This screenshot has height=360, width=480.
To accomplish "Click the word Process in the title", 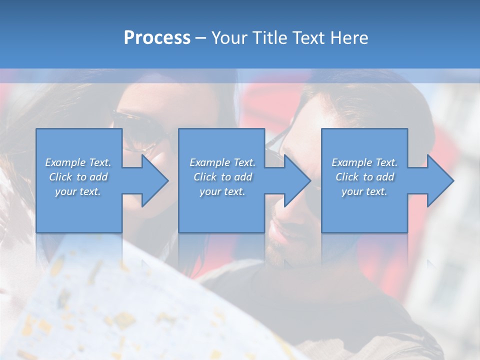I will (157, 37).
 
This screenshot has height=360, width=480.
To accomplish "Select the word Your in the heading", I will (228, 37).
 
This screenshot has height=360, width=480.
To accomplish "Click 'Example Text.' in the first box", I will (78, 162).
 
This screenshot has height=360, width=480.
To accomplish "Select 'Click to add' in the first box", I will (78, 177).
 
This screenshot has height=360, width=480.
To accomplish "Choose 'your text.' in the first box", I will (78, 191).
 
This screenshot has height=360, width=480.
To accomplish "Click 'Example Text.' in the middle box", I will (222, 162).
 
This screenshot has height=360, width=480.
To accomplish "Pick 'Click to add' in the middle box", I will (222, 177).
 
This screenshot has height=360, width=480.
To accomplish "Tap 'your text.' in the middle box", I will (222, 191).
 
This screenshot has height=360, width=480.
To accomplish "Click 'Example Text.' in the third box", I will (364, 162).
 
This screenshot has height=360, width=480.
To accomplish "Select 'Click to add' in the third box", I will (364, 177).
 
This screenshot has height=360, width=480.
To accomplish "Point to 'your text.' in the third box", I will (364, 191).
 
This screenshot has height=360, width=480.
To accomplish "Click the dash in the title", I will (201, 38).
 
